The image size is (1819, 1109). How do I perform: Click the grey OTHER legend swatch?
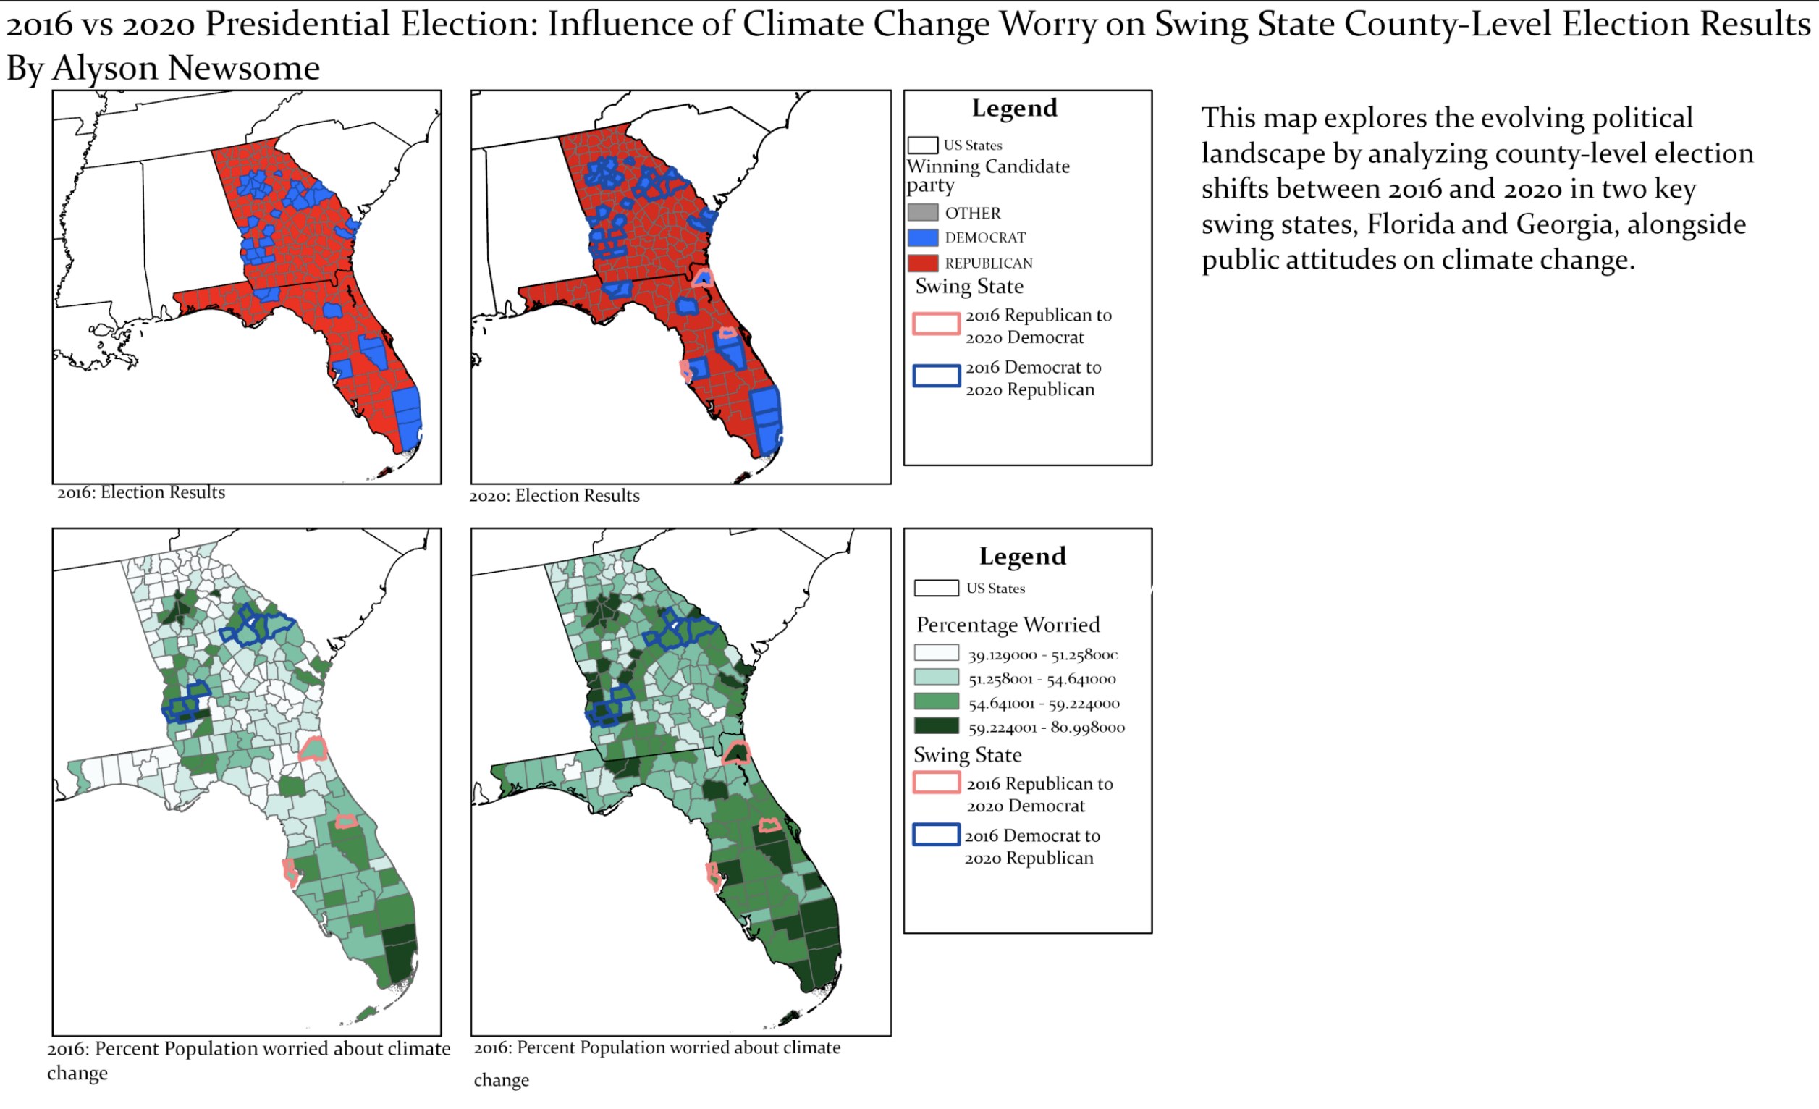(x=922, y=213)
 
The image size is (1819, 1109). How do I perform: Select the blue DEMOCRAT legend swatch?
(x=922, y=237)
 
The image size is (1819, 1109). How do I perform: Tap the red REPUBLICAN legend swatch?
(x=922, y=263)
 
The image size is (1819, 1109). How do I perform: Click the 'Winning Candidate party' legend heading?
(x=988, y=176)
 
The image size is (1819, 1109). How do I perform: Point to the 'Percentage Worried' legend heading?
(x=1008, y=625)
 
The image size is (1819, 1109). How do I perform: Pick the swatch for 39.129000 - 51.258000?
(x=936, y=653)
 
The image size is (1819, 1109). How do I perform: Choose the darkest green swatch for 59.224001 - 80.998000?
(x=936, y=726)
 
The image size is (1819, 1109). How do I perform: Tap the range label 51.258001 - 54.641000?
(x=1042, y=679)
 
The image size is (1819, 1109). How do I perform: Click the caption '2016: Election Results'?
(x=141, y=492)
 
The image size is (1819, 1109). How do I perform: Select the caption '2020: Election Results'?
(x=554, y=495)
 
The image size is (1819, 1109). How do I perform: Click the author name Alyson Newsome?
(x=186, y=69)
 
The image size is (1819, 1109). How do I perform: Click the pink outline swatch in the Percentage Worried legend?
(x=936, y=782)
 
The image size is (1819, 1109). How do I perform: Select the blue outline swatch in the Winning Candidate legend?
(x=936, y=375)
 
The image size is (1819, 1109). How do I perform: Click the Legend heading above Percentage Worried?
(x=1023, y=556)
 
